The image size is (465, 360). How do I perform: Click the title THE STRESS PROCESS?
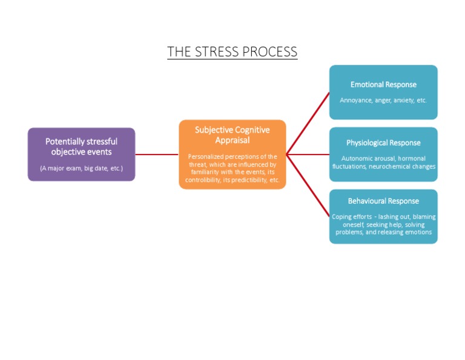tap(232, 52)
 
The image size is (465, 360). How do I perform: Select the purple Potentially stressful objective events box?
tap(81, 154)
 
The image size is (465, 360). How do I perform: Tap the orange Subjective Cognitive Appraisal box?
tap(232, 154)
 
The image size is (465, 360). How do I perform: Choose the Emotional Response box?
tap(383, 92)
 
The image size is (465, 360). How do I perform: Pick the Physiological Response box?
tap(383, 154)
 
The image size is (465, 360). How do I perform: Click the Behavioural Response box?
tap(383, 216)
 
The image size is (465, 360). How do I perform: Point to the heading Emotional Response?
tap(383, 84)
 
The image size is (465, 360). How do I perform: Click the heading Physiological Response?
tap(383, 143)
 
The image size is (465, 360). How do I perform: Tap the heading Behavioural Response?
tap(383, 201)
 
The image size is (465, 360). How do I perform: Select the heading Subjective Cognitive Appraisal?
tap(232, 135)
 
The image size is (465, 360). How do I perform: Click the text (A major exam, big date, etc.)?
tap(81, 168)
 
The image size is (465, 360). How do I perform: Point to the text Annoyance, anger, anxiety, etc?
tap(383, 100)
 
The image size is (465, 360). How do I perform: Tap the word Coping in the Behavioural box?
tap(342, 216)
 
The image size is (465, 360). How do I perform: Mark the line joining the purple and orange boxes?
tap(157, 155)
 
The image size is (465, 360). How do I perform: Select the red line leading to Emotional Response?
tap(308, 124)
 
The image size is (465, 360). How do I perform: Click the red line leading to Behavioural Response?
tap(308, 185)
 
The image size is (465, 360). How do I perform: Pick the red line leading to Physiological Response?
tap(308, 155)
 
